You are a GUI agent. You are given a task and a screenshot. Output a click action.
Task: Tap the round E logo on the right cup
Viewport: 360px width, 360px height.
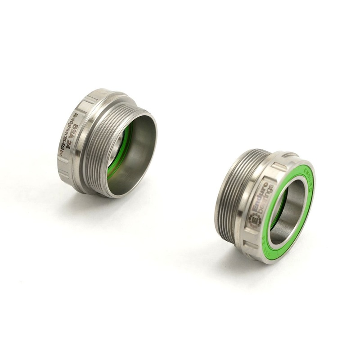[x=255, y=220]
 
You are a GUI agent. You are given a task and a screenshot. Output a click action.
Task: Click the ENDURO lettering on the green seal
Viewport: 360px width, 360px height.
[x=308, y=173]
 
